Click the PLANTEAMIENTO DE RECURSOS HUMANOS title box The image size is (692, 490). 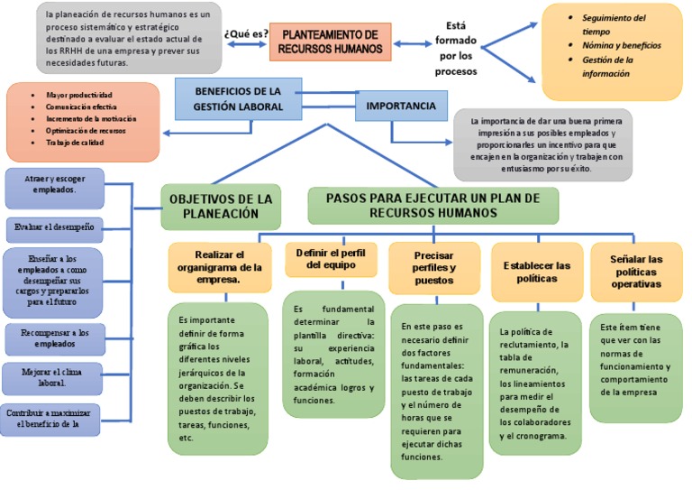tap(330, 42)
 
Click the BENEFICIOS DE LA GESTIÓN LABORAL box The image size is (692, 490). tap(238, 99)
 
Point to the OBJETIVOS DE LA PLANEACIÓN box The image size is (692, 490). tap(221, 207)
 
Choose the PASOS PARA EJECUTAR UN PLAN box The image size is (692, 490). tap(432, 205)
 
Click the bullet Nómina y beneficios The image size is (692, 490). tap(622, 45)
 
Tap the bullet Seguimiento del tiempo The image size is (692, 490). tap(614, 24)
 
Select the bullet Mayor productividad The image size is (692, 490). tap(78, 95)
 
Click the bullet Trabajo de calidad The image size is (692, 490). tap(76, 143)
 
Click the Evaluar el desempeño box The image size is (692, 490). tap(55, 226)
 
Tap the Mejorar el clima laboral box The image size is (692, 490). tap(55, 376)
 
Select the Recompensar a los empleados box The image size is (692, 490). tap(55, 338)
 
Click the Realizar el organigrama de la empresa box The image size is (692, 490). tap(220, 267)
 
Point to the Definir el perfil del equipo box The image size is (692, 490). tap(331, 259)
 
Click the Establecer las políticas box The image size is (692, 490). tap(537, 272)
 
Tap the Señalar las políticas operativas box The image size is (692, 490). tap(637, 272)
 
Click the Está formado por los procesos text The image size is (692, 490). tap(456, 49)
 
